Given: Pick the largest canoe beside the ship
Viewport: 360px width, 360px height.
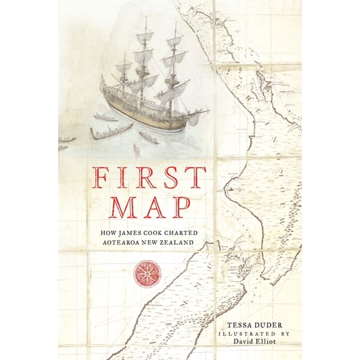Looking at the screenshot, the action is pos(111,131).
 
